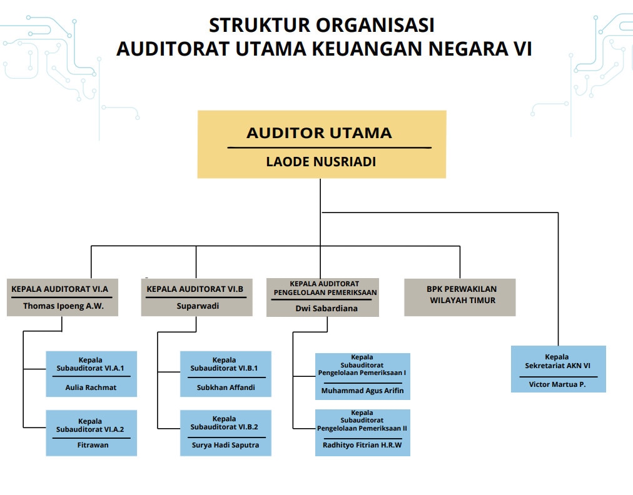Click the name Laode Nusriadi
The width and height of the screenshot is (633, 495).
321,162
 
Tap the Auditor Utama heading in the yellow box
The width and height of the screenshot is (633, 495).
319,132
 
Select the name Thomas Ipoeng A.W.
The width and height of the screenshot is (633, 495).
63,306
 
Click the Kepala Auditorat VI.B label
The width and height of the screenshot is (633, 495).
195,289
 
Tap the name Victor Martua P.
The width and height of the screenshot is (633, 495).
557,384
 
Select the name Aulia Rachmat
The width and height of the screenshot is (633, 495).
91,387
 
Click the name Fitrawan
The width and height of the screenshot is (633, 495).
91,445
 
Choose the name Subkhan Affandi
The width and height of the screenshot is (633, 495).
225,387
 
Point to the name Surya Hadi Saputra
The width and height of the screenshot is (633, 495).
225,445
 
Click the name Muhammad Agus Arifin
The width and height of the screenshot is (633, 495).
363,391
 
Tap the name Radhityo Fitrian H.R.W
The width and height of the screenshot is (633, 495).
362,445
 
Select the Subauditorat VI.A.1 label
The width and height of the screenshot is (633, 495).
90,368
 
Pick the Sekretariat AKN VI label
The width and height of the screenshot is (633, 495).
557,366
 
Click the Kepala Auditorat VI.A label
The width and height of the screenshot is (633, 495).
60,289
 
